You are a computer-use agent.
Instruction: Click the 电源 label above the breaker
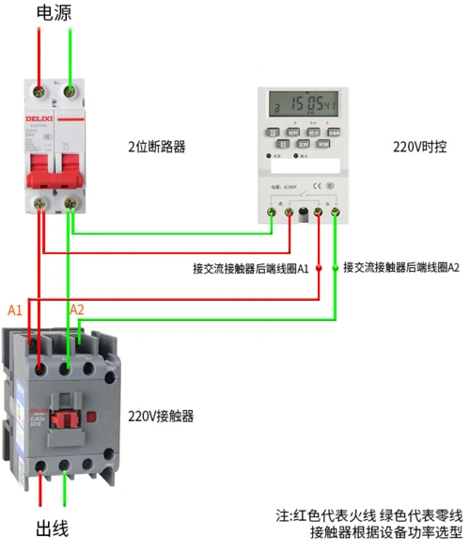[x=54, y=12]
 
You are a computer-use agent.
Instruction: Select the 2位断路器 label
[x=157, y=147]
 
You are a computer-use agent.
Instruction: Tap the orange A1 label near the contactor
[x=15, y=309]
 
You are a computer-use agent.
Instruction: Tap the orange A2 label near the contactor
[x=77, y=309]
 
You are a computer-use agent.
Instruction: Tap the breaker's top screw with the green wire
[x=71, y=91]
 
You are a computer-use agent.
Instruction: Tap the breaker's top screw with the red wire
[x=39, y=91]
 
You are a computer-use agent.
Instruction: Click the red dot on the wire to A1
[x=319, y=268]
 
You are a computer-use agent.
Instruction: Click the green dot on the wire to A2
[x=336, y=268]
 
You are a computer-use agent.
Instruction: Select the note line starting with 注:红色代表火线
[x=368, y=515]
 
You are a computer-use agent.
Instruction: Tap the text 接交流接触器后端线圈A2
[x=401, y=267]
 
